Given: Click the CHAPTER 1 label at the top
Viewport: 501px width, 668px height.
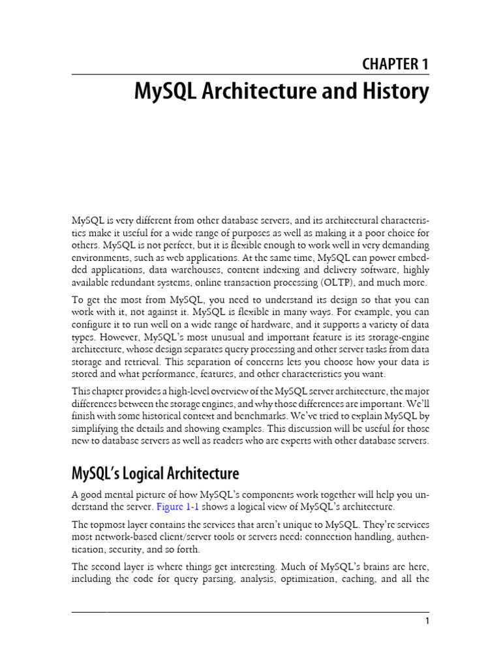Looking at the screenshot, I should pyautogui.click(x=395, y=64).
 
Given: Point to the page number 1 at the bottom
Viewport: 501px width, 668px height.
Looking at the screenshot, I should pyautogui.click(x=427, y=622).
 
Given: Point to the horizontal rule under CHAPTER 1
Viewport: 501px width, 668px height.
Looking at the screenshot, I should pyautogui.click(x=250, y=74).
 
